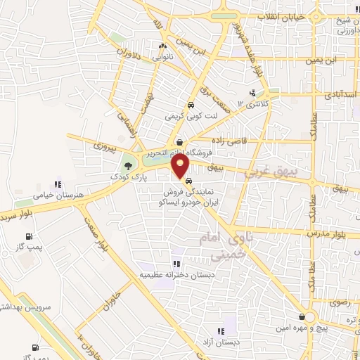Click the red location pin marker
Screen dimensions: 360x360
tap(181, 167)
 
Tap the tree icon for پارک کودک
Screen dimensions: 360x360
tap(128, 166)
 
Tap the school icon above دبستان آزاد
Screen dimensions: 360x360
tap(221, 330)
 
